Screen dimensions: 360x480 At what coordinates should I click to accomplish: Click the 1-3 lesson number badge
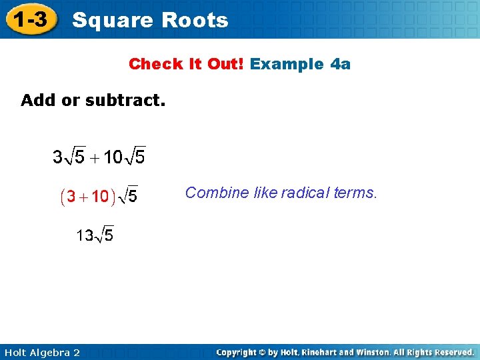coord(31,20)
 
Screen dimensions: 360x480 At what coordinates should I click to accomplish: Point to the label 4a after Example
coord(340,64)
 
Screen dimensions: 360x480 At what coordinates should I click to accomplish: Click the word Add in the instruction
coord(36,101)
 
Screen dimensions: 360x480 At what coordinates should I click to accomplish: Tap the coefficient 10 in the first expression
coord(113,158)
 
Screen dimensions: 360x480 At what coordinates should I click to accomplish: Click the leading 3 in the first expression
coord(57,158)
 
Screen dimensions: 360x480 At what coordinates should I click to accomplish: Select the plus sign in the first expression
coord(94,159)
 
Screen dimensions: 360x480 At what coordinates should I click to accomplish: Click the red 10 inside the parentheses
coord(100,197)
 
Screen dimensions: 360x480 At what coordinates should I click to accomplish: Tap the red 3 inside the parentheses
coord(71,197)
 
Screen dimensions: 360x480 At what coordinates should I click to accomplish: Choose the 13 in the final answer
coord(85,235)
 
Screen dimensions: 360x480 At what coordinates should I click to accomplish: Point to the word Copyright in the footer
coord(238,352)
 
